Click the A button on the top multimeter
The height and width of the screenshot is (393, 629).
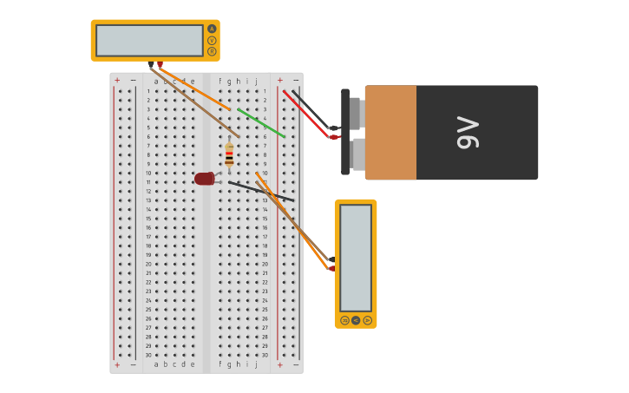(212, 29)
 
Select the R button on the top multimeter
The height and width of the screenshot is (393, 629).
(212, 51)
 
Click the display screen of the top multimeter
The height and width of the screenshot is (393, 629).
(149, 40)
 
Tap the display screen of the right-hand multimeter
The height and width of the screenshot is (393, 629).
(356, 258)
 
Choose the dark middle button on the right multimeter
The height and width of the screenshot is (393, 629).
(356, 320)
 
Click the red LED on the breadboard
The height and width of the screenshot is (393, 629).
(205, 179)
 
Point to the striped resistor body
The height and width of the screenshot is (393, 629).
(229, 154)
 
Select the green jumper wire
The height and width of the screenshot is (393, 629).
(261, 122)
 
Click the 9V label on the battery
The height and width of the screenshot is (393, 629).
(468, 132)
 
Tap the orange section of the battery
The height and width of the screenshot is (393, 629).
(390, 132)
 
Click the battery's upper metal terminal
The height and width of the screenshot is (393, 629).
(355, 113)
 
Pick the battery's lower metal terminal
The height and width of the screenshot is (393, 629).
(357, 154)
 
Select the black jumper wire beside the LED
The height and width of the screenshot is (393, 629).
(260, 192)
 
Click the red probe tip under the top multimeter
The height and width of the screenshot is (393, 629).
(160, 64)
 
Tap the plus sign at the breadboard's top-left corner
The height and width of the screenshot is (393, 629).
(117, 80)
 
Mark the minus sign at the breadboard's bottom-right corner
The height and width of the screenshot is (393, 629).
(295, 365)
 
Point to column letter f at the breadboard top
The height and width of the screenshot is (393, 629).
(220, 82)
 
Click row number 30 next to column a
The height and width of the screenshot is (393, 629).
(148, 355)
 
